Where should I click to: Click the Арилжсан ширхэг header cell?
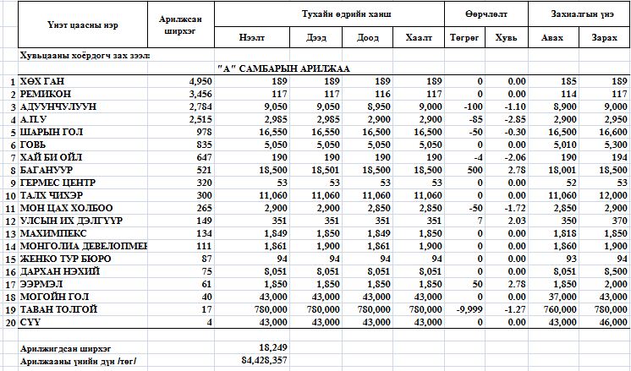coord(184,25)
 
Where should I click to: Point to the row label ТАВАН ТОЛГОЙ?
coord(57,310)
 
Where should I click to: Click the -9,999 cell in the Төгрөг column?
coord(468,310)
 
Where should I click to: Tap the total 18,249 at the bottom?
coord(272,347)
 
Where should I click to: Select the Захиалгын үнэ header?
coord(579,14)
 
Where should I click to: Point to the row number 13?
coord(11,233)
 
